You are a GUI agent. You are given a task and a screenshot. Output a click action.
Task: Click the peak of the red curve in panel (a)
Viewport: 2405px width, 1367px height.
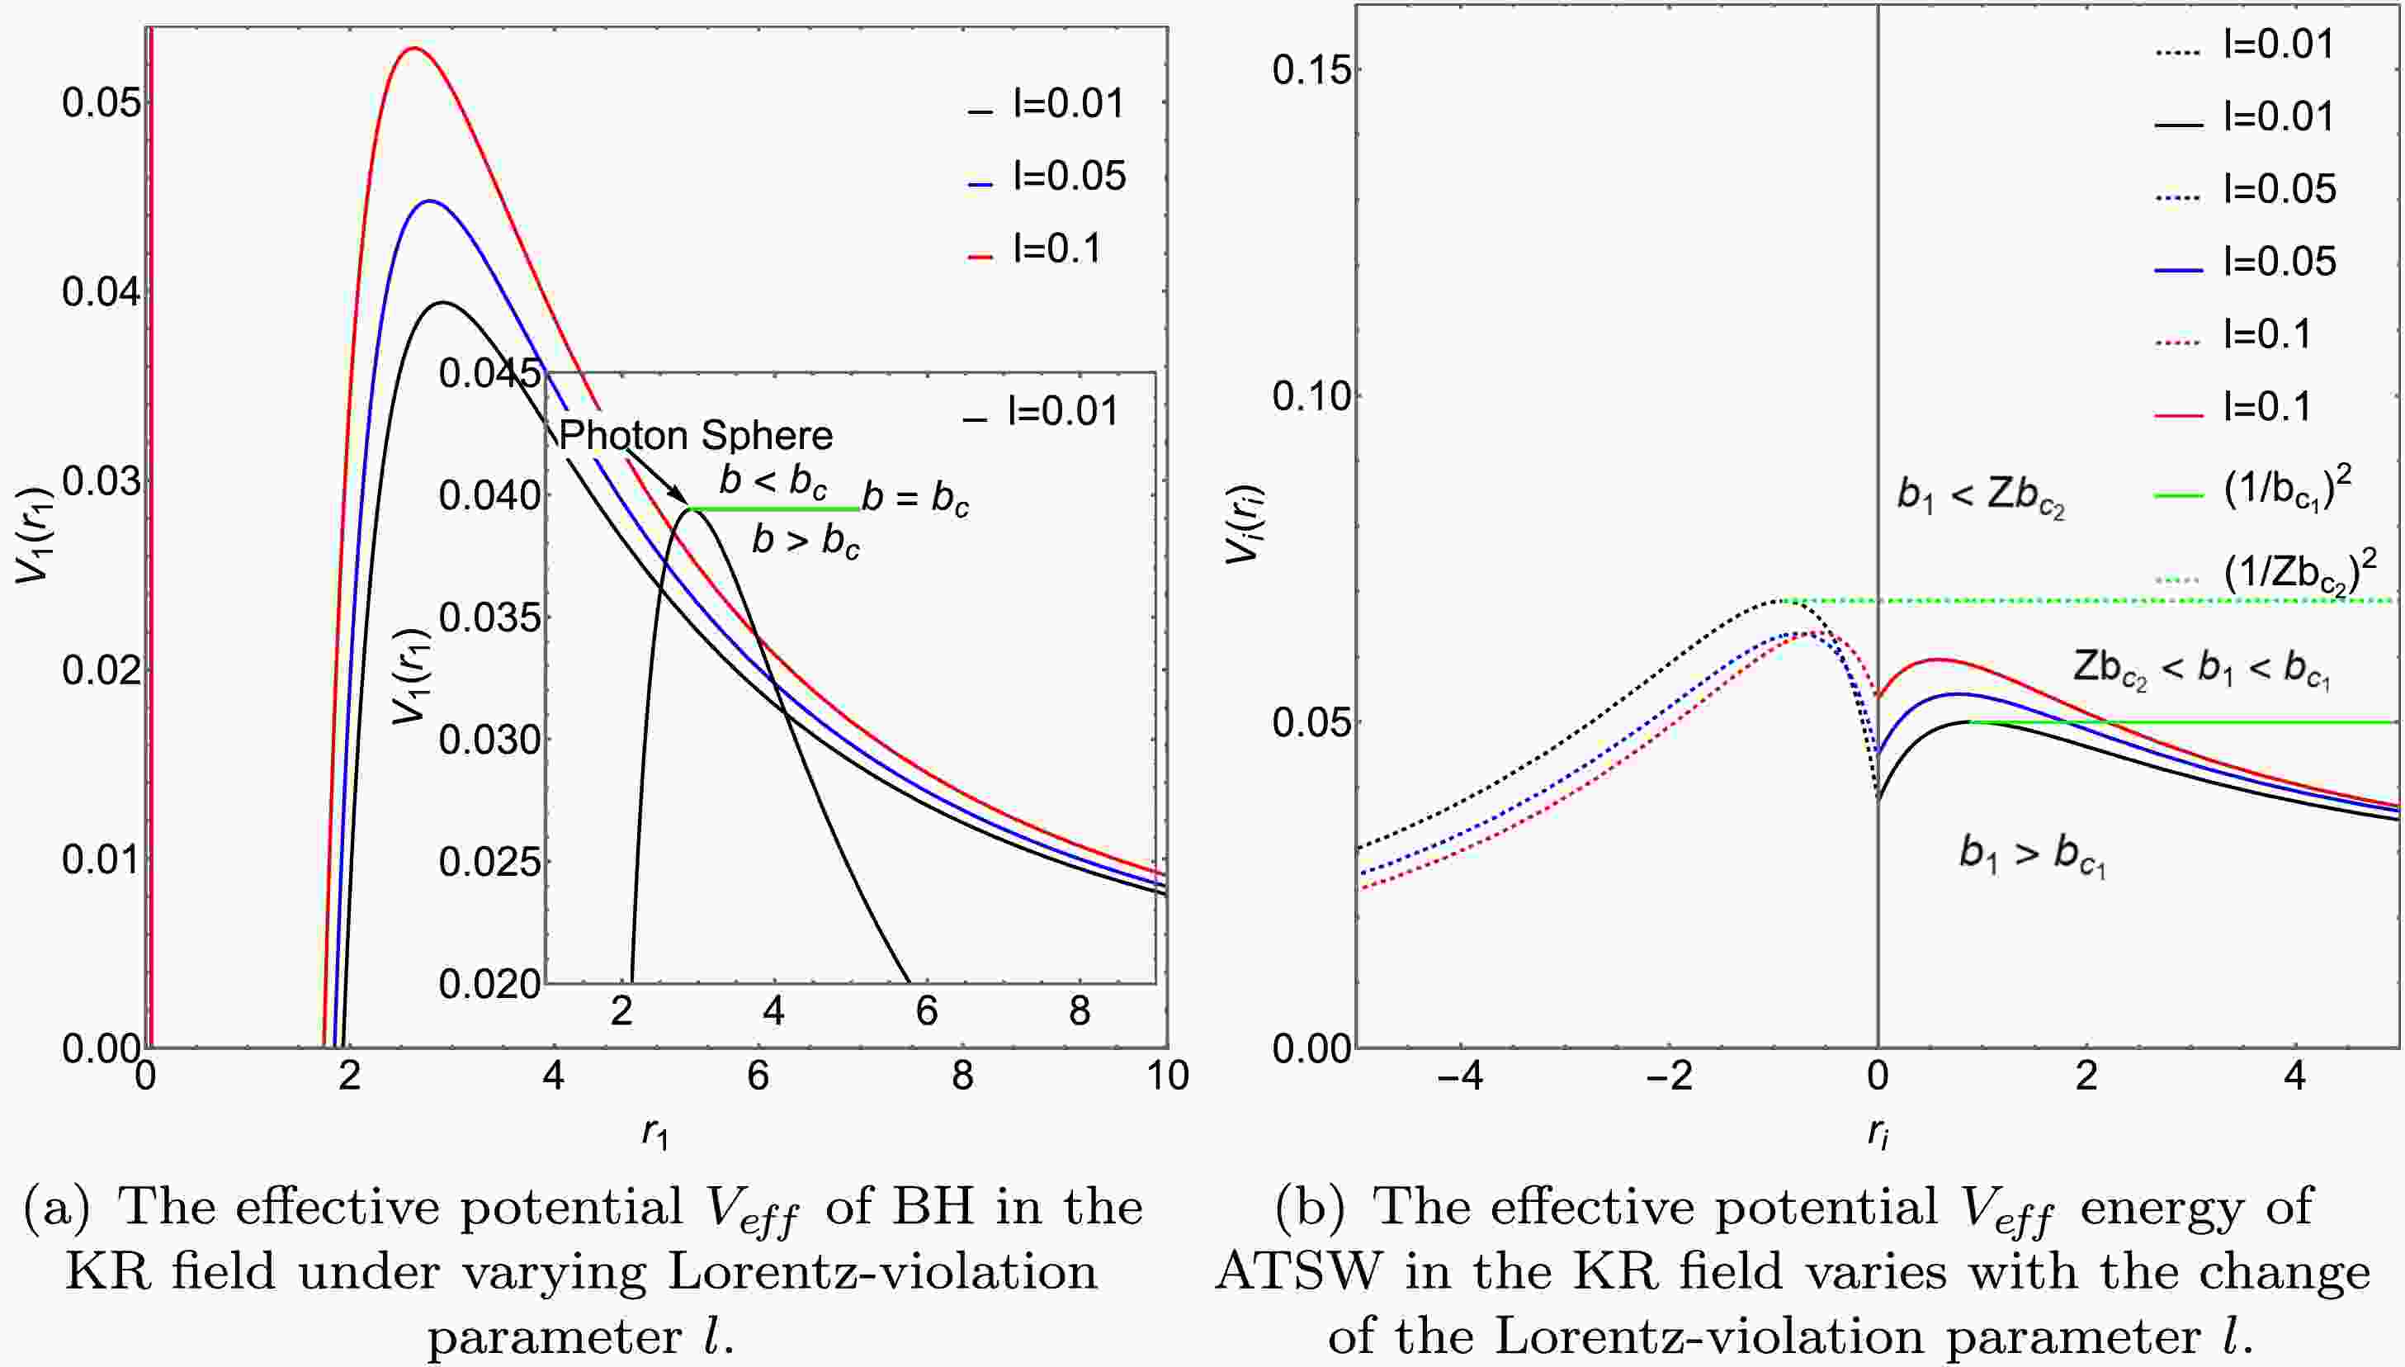pyautogui.click(x=413, y=48)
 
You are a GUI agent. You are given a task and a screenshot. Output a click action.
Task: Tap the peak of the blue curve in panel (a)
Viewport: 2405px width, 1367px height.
pyautogui.click(x=430, y=201)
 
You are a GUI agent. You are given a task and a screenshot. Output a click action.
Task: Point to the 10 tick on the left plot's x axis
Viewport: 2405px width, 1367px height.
pyautogui.click(x=1167, y=1075)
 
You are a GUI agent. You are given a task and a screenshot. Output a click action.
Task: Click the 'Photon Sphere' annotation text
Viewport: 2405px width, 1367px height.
pyautogui.click(x=696, y=436)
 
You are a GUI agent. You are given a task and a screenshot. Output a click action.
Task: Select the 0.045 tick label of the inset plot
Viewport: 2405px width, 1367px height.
pyautogui.click(x=490, y=374)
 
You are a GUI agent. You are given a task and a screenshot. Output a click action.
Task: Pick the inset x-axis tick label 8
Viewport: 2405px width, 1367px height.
pyautogui.click(x=1080, y=1011)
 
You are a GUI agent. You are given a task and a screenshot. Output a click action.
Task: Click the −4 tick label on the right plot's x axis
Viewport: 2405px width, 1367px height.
pyautogui.click(x=1460, y=1076)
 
